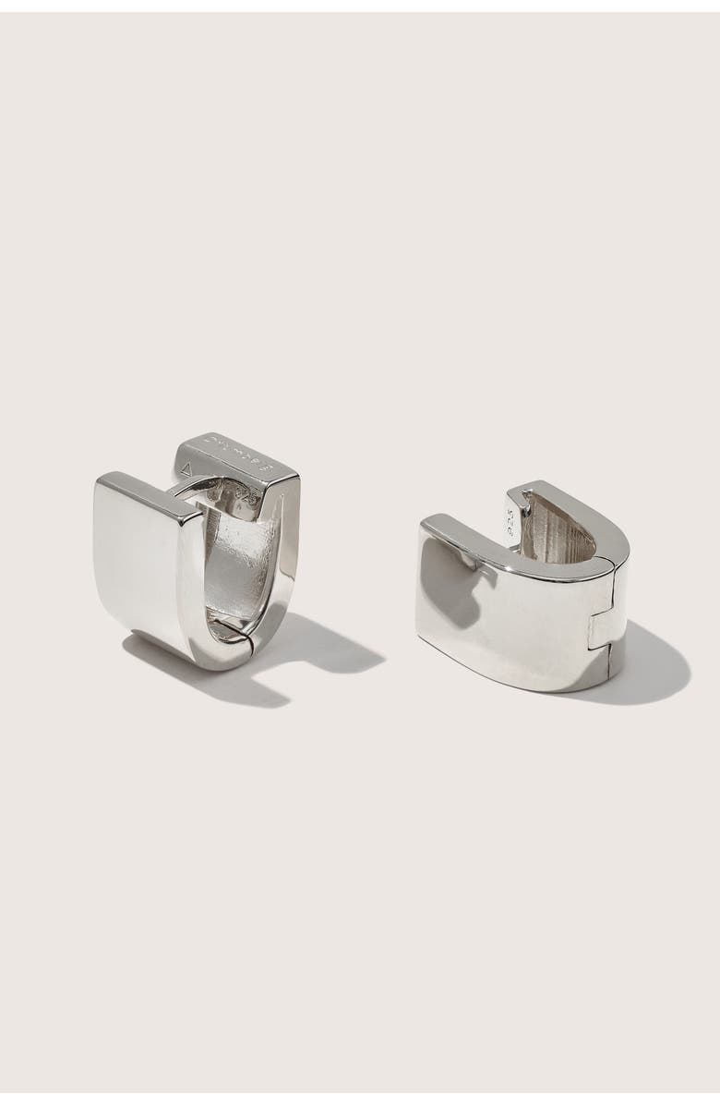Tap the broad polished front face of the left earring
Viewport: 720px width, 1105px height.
click(138, 564)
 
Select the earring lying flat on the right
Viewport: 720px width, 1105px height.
click(526, 591)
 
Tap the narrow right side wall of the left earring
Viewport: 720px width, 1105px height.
click(289, 545)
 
